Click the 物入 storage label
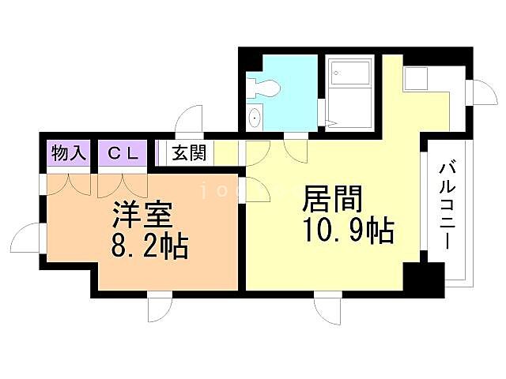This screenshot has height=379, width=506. [68, 153]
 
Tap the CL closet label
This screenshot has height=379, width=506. [123, 153]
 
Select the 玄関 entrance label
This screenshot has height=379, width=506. [188, 152]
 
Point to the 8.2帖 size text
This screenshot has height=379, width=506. [148, 247]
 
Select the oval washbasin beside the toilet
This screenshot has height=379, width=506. [254, 118]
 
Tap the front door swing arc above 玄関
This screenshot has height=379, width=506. [190, 121]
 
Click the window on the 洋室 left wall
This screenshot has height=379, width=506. [28, 238]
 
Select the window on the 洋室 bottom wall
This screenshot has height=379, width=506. [160, 306]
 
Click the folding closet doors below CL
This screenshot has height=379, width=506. [123, 185]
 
